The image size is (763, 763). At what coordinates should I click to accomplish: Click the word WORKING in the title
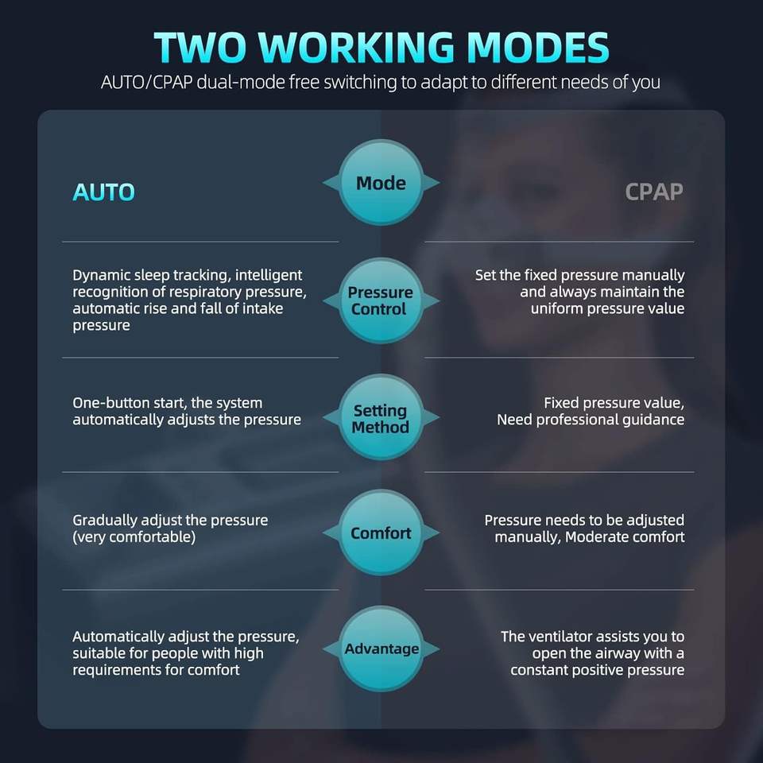pos(357,48)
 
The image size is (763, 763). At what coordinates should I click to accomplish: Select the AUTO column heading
pos(103,192)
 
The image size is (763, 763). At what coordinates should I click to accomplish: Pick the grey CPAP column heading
pos(654,192)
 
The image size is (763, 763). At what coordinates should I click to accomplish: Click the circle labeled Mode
pos(381,183)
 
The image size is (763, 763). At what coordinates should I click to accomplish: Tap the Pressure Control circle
pos(381,300)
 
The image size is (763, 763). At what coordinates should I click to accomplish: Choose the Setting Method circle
pos(381,417)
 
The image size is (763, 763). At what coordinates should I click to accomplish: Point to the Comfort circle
pos(381,533)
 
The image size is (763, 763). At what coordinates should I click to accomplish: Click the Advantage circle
pos(381,649)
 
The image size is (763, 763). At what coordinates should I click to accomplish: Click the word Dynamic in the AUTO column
pos(101,276)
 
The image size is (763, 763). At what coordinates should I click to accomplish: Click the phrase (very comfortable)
pos(134,537)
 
